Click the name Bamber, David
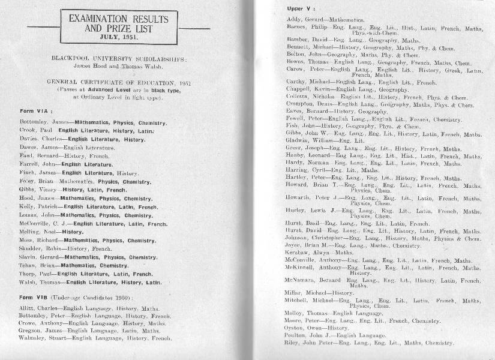[x=302, y=39]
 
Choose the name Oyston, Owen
[x=301, y=328]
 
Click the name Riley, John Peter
[x=306, y=344]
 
